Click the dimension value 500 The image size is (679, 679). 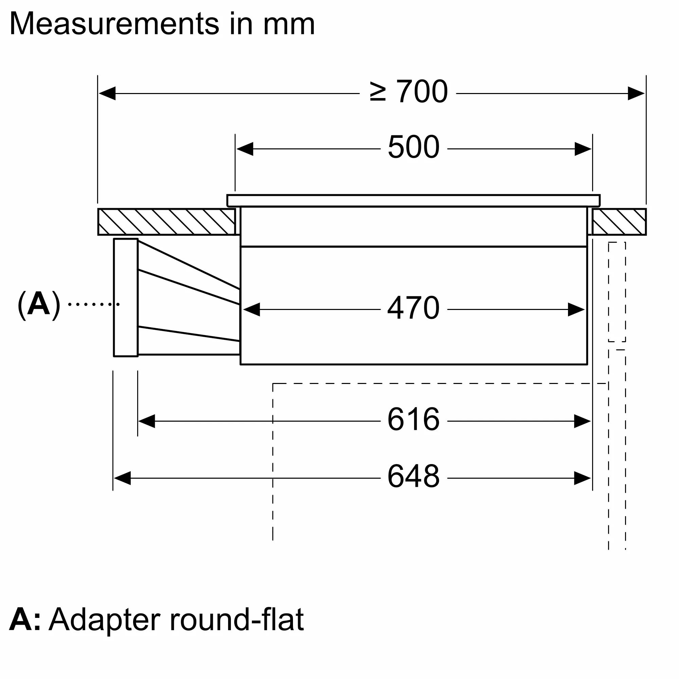pos(413,147)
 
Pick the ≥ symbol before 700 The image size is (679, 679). pos(378,92)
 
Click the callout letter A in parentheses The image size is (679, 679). pos(39,304)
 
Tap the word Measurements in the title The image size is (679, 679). pos(114,24)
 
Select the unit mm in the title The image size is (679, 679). pos(289,24)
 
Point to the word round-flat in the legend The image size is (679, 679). pos(237,619)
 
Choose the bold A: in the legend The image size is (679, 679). pos(24,619)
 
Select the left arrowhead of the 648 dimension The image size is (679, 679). pos(122,478)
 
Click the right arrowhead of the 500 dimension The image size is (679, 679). pos(583,149)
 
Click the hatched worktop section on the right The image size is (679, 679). pos(619,222)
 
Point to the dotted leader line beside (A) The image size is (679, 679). pos(93,304)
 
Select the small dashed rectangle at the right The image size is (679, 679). pos(617,292)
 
